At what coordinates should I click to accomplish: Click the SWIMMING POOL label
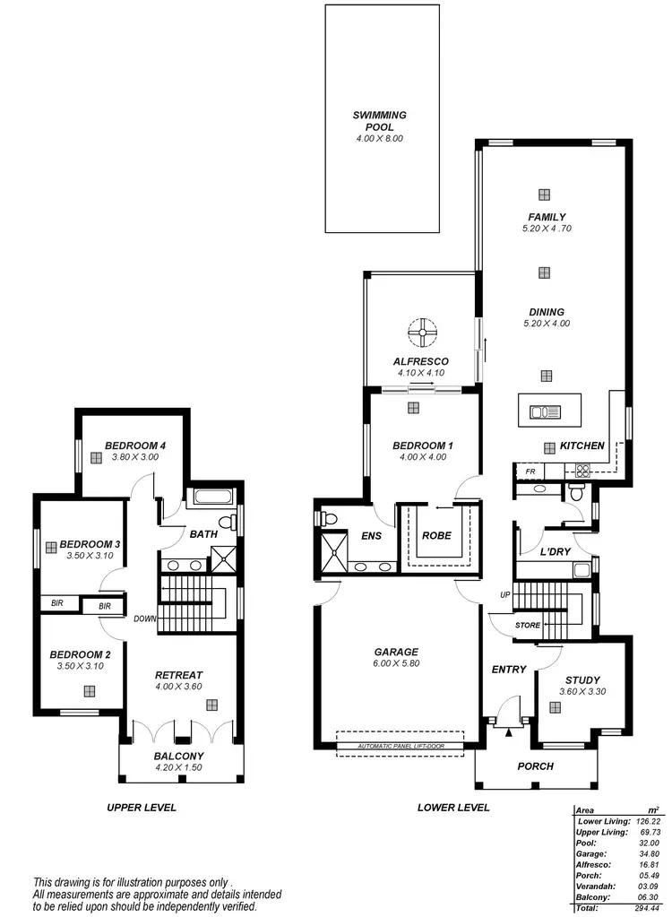click(380, 121)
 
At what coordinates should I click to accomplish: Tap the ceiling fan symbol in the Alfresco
click(420, 334)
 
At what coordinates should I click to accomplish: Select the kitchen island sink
click(544, 412)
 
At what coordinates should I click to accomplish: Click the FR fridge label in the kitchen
click(530, 471)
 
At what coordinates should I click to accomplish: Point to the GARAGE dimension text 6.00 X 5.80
click(397, 663)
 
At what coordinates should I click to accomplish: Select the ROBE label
click(435, 536)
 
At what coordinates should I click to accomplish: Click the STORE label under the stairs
click(528, 625)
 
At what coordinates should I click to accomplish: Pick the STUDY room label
click(582, 680)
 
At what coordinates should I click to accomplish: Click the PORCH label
click(536, 766)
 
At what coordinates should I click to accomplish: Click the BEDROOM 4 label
click(135, 446)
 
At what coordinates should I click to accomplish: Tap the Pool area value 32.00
click(648, 843)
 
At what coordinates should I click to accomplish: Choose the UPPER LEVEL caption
click(142, 807)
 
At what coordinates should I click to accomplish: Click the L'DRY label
click(556, 553)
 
